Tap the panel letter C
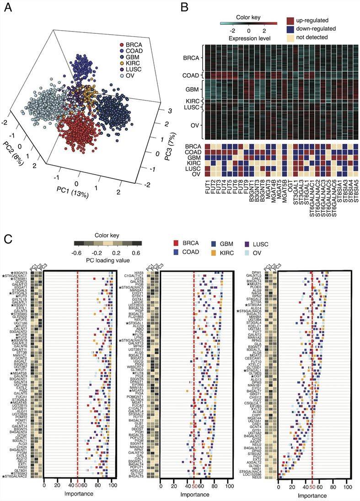7,238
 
